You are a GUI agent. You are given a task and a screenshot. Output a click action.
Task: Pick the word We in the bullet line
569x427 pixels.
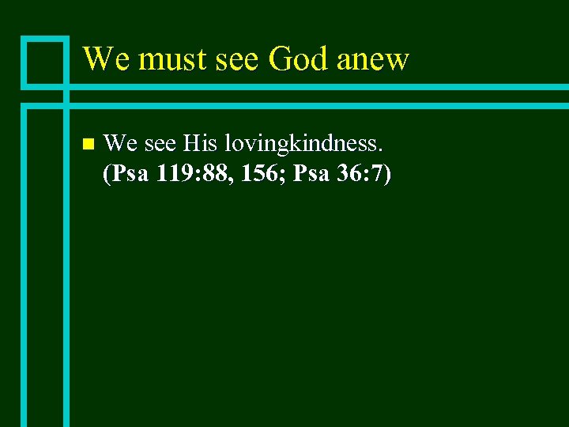pos(119,143)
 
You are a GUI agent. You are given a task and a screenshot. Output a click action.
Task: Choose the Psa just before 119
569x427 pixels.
pos(130,174)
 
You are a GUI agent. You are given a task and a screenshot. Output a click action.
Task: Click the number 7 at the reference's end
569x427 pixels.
pos(381,174)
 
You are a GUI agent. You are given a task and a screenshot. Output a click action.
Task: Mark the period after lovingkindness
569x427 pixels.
pos(382,150)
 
